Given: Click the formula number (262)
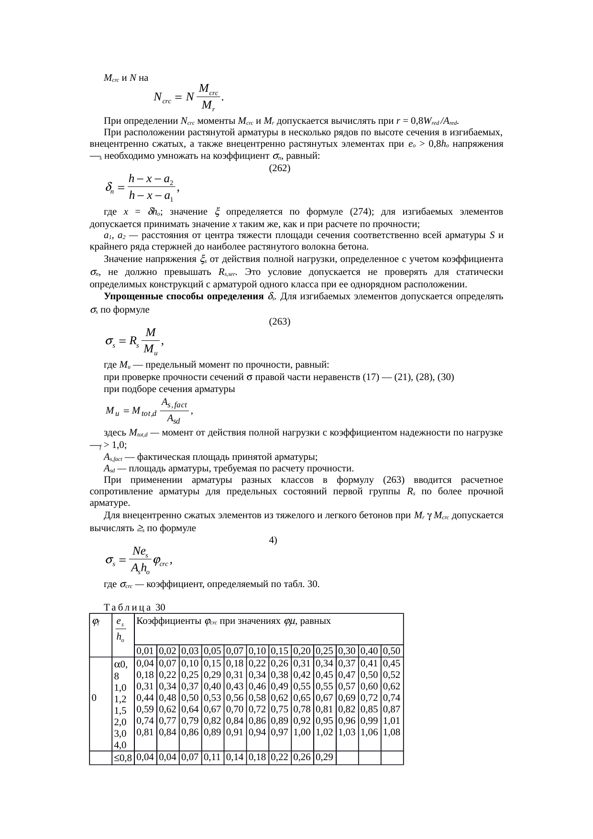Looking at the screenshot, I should click(x=280, y=168).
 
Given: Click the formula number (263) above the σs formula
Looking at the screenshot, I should click(x=280, y=321).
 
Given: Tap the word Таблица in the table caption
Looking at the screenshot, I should click(x=128, y=608).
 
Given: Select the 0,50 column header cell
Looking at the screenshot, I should click(x=392, y=651).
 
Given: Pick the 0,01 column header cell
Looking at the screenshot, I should click(x=145, y=651).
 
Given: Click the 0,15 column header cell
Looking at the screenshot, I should click(x=280, y=651).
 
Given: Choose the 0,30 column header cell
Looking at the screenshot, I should click(x=347, y=651).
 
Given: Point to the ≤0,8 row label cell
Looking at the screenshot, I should click(x=123, y=758).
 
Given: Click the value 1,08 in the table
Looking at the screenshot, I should click(x=392, y=731).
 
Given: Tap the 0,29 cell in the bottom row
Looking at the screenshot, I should click(x=325, y=757).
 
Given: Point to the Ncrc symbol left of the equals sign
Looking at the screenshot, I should click(x=163, y=98).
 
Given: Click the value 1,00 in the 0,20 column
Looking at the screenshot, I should click(x=302, y=731).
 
